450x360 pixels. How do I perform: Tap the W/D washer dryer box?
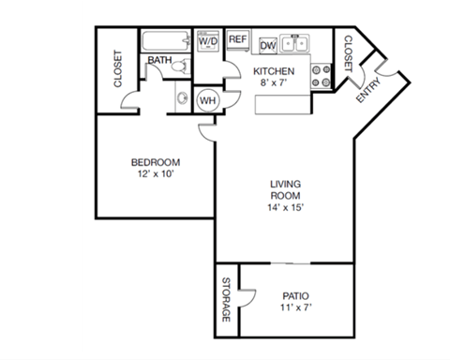click(207, 42)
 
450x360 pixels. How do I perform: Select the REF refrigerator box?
click(237, 39)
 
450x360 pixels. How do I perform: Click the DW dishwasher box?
click(267, 44)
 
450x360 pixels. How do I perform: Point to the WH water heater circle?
click(207, 99)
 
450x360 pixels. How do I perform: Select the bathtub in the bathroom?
click(164, 41)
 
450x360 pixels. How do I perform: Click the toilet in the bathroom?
click(184, 65)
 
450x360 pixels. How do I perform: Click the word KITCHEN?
click(275, 71)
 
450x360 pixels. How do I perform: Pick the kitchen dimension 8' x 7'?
click(275, 83)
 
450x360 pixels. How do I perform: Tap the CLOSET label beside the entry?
click(347, 53)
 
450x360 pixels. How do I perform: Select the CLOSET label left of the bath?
click(118, 69)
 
